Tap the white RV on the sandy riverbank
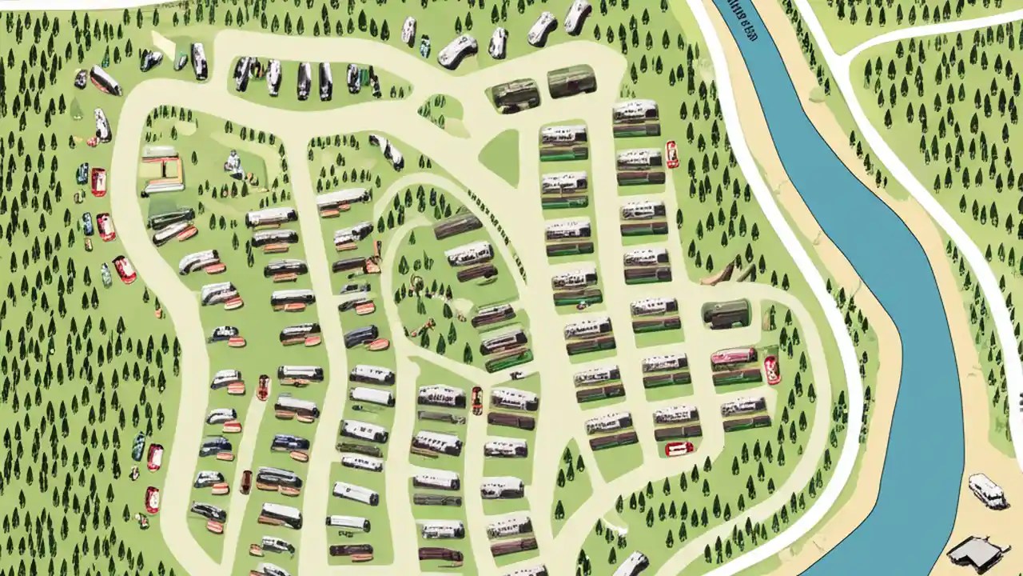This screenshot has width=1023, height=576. coord(987,490)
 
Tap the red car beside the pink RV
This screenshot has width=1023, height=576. coord(771,370)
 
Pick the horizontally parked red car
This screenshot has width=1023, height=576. coord(679,449)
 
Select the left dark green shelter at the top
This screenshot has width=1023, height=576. coord(515,95)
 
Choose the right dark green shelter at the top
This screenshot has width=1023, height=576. coord(571,82)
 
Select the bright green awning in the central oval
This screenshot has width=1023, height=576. coord(508,361)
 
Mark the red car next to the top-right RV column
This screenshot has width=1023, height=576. coord(671,154)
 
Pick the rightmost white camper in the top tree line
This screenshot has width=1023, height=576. coord(577,16)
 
